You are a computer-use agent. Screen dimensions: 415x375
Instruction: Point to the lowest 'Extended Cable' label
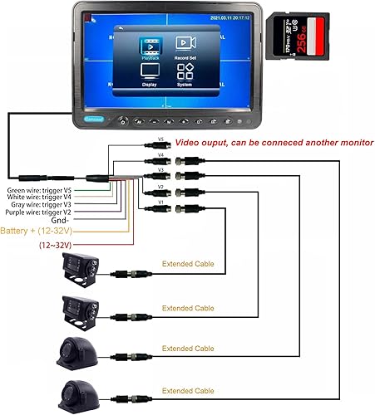pos(188,390)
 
